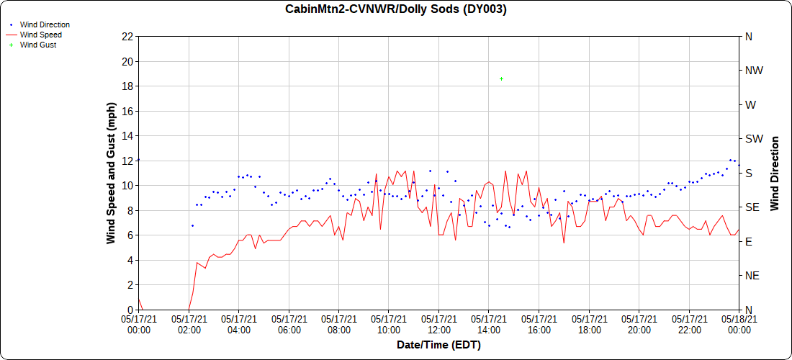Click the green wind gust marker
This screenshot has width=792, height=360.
pyautogui.click(x=501, y=78)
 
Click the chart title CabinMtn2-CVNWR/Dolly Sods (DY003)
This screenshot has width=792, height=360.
pyautogui.click(x=396, y=9)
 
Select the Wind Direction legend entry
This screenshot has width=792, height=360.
pyautogui.click(x=45, y=24)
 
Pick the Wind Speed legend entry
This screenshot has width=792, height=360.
pyautogui.click(x=40, y=35)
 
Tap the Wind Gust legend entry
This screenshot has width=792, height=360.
pyautogui.click(x=38, y=45)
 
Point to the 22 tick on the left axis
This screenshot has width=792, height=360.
pyautogui.click(x=128, y=37)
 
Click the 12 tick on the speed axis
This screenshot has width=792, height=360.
pyautogui.click(x=128, y=161)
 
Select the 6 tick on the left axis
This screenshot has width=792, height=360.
pyautogui.click(x=130, y=235)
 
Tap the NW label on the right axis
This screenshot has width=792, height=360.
pyautogui.click(x=754, y=71)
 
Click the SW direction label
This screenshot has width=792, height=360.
pyautogui.click(x=754, y=139)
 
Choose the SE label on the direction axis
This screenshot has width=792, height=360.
pyautogui.click(x=752, y=207)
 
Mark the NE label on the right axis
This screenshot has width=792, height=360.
pyautogui.click(x=752, y=276)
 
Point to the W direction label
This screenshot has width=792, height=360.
pyautogui.click(x=750, y=105)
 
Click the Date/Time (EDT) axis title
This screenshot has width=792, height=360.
pyautogui.click(x=438, y=345)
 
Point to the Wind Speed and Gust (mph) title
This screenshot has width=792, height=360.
pyautogui.click(x=111, y=173)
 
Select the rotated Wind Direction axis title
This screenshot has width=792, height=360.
pyautogui.click(x=775, y=173)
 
